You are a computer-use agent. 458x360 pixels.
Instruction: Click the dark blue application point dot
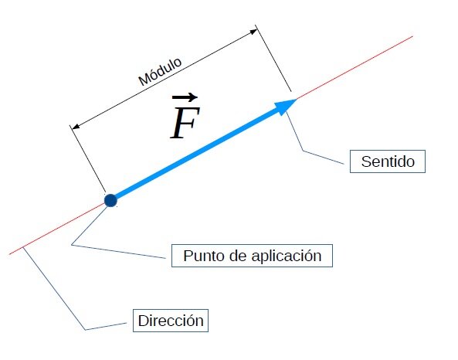click(110, 200)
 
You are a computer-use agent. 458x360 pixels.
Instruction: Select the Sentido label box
click(388, 161)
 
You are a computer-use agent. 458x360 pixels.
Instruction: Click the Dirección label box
click(171, 321)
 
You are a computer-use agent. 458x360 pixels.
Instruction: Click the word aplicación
click(287, 256)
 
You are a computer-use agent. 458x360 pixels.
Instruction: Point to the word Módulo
click(160, 72)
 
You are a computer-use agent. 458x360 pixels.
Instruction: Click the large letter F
click(185, 122)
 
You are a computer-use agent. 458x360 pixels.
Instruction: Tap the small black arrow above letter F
click(185, 97)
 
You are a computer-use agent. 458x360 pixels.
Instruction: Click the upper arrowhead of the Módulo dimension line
click(253, 32)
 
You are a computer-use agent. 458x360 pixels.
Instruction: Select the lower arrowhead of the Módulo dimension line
click(76, 127)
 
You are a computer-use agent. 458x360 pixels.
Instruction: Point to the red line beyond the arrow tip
click(355, 68)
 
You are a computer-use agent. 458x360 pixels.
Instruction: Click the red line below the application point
click(57, 229)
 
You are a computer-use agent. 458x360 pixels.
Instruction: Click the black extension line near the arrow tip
click(273, 59)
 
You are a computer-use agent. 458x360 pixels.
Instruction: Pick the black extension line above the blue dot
click(87, 159)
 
